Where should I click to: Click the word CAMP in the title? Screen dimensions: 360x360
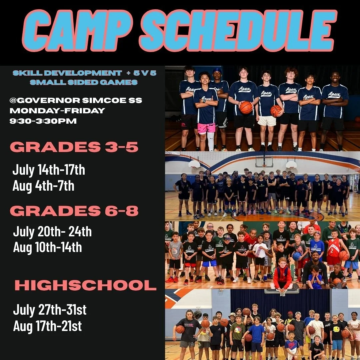[78, 31]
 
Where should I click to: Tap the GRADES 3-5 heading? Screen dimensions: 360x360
[74, 147]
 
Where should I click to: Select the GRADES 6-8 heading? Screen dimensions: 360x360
[74, 211]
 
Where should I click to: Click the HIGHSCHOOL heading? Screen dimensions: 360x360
[86, 285]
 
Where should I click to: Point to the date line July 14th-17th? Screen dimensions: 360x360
[49, 170]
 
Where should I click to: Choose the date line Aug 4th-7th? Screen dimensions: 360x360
[43, 186]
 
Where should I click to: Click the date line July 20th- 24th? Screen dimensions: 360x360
[52, 232]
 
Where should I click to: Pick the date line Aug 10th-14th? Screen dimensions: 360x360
[48, 247]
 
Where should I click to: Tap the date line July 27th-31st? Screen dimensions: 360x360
[50, 310]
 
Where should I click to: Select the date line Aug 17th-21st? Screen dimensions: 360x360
[48, 326]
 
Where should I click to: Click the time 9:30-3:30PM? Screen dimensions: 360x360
[43, 121]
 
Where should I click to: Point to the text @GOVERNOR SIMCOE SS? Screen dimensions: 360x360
[76, 100]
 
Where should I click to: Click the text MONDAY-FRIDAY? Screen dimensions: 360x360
[57, 111]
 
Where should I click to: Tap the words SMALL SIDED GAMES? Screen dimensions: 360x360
[84, 82]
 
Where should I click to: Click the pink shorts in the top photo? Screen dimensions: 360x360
[206, 128]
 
